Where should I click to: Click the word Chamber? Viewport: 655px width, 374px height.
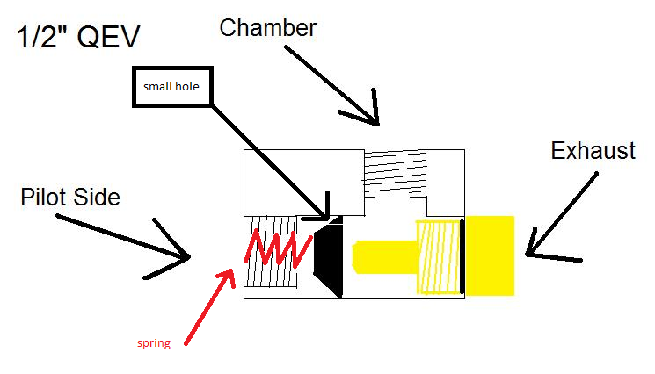(267, 27)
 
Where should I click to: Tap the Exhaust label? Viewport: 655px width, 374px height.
(593, 151)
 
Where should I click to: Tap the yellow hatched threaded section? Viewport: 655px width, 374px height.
(437, 256)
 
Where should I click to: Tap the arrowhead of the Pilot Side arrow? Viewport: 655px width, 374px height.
(185, 257)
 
